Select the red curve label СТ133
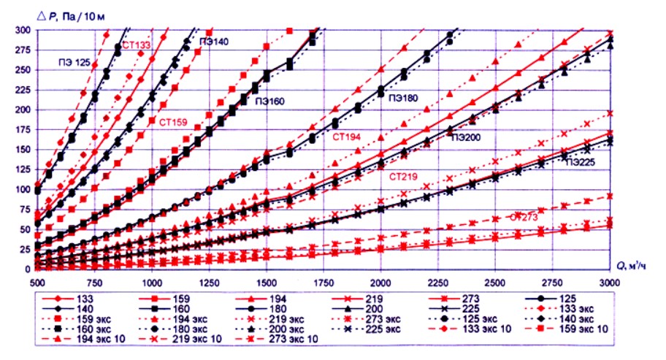pos(137,46)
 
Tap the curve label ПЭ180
pos(407,97)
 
